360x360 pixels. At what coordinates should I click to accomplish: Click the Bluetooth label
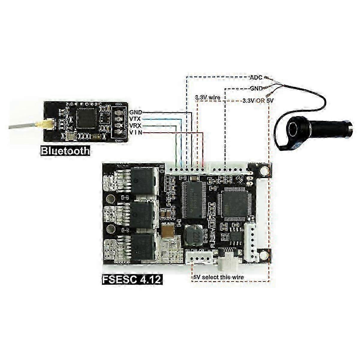(65, 150)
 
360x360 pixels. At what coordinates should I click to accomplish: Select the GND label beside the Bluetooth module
(135, 112)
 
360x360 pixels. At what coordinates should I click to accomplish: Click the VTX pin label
(135, 119)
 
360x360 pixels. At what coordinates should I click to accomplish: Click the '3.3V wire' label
(208, 97)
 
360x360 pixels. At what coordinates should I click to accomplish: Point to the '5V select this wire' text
(218, 277)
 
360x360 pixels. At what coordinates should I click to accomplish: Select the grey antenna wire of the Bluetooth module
(23, 126)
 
